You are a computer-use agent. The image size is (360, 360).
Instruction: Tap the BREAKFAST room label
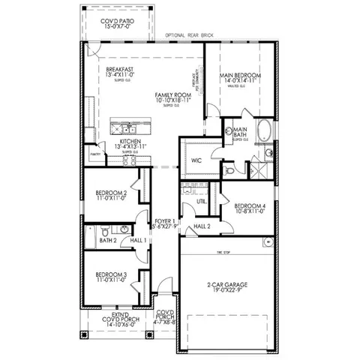[x=118, y=70]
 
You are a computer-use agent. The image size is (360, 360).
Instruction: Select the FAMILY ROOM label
[x=172, y=96]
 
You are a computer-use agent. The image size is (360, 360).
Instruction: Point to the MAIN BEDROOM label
[x=241, y=76]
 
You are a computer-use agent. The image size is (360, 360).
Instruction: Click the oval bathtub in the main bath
[x=264, y=133]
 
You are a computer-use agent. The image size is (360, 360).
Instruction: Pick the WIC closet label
[x=196, y=160]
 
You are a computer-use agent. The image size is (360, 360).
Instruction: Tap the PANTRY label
[x=94, y=154]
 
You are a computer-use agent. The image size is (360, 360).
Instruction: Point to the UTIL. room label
[x=202, y=202]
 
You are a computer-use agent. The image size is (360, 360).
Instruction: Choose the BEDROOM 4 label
[x=249, y=206]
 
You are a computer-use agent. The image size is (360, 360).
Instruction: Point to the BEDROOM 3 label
[x=110, y=275]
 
